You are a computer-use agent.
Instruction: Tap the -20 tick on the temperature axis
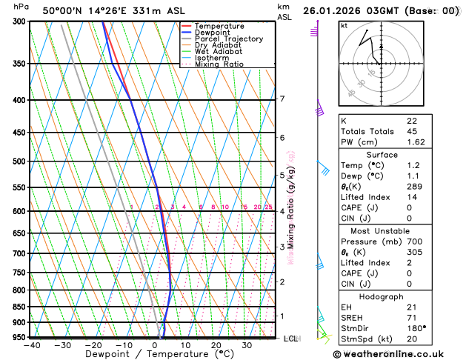pyautogui.click(x=93, y=344)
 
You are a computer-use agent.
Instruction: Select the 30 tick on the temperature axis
pyautogui.click(x=247, y=344)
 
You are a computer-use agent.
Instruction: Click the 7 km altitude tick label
pyautogui.click(x=282, y=99)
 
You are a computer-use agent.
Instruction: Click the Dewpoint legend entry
pyautogui.click(x=213, y=33)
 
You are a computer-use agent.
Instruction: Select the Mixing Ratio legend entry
pyautogui.click(x=218, y=64)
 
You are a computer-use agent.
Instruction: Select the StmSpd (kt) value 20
pyautogui.click(x=412, y=339)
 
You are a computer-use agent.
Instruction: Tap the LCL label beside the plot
pyautogui.click(x=290, y=339)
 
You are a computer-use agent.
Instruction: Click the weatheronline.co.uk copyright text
pyautogui.click(x=399, y=353)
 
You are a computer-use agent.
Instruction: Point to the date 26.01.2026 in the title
pyautogui.click(x=335, y=11)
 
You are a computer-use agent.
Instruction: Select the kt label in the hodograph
pyautogui.click(x=344, y=25)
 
